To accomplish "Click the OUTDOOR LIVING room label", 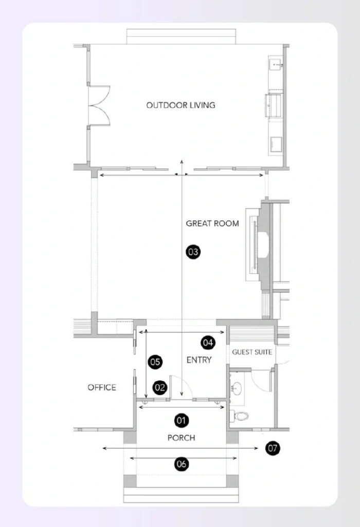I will [x=181, y=105].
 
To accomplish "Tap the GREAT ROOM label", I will [x=212, y=223].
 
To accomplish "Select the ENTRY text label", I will [x=199, y=360].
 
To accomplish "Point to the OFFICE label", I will [x=102, y=387].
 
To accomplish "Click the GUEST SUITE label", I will [x=252, y=352].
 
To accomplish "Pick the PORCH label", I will [x=181, y=437].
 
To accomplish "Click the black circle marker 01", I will [x=181, y=420].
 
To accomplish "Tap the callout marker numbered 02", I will [x=160, y=388].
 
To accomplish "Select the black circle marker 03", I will [x=193, y=252].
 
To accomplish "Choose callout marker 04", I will [x=208, y=342].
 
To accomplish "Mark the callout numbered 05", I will [x=155, y=362].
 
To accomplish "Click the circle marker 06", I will [x=181, y=464].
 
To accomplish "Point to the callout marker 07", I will [x=273, y=448].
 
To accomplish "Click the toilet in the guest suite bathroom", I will [x=240, y=415].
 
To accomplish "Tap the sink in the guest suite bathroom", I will [x=237, y=388].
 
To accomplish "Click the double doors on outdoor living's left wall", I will [x=99, y=105].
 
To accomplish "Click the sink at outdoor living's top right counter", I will [x=276, y=65].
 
